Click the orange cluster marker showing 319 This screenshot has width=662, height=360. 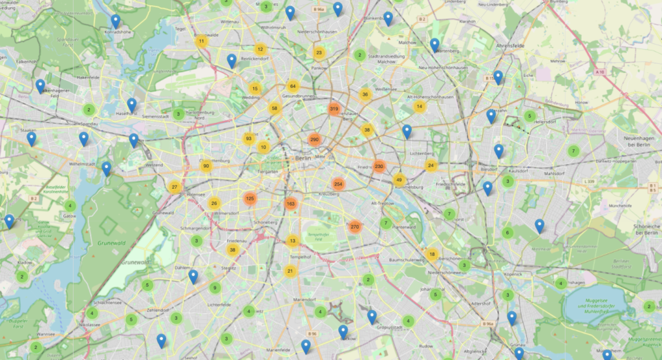click(x=334, y=109)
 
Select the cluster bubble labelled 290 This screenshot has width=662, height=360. click(x=315, y=140)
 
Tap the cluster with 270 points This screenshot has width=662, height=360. click(x=354, y=227)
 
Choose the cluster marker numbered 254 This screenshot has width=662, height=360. click(x=338, y=184)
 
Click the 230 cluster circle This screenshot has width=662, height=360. click(x=379, y=166)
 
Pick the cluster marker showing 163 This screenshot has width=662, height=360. click(x=290, y=204)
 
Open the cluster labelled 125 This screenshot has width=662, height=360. click(x=250, y=198)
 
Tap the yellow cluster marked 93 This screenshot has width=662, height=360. click(x=248, y=138)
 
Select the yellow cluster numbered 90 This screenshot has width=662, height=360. click(x=206, y=166)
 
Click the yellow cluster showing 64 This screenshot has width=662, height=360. click(x=293, y=86)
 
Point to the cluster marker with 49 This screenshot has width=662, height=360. click(x=399, y=180)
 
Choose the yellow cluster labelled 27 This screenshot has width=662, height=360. click(x=174, y=187)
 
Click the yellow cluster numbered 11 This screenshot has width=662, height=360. click(x=201, y=42)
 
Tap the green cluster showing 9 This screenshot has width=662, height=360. click(x=215, y=288)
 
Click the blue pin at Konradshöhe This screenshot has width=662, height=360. click(x=116, y=22)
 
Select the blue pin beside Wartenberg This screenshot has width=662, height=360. click(x=435, y=45)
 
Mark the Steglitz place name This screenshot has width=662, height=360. click(x=228, y=266)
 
